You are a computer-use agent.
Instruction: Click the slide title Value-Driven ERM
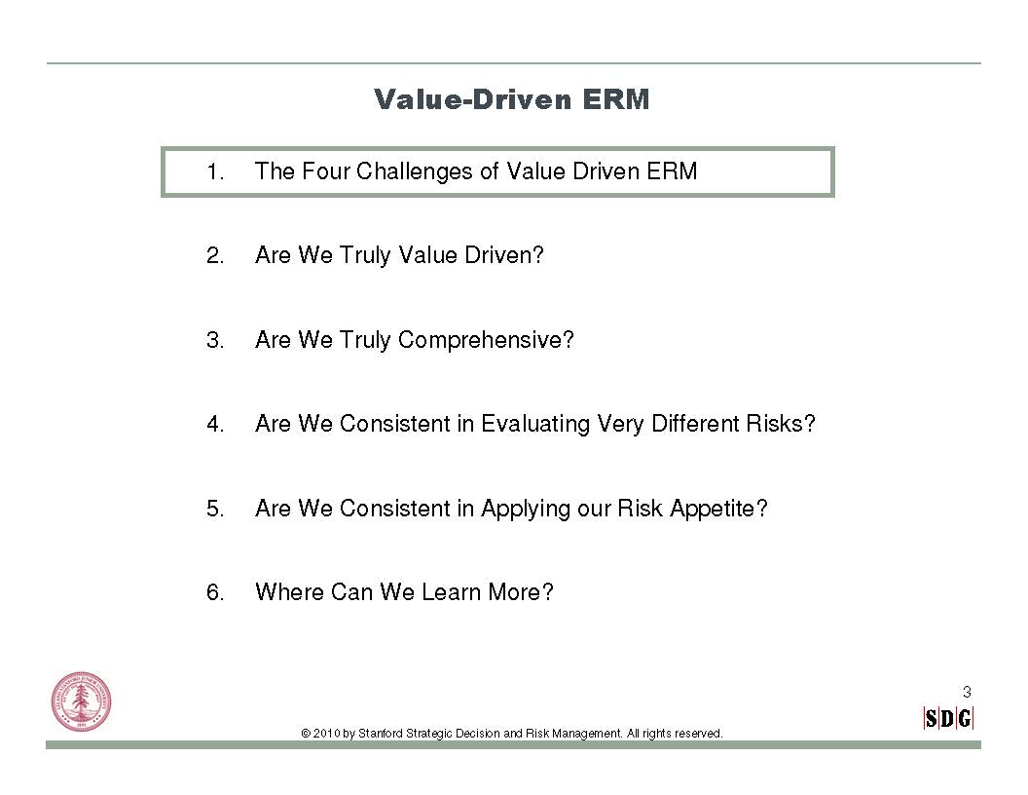point(511,99)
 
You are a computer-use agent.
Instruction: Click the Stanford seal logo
point(82,701)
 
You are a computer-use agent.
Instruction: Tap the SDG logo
point(948,719)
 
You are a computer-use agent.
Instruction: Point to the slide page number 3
point(967,692)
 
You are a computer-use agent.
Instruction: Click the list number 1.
point(215,171)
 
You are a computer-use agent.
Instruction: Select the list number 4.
point(215,424)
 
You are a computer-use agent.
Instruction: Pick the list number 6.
point(215,592)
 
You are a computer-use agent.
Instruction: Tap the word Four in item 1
point(326,171)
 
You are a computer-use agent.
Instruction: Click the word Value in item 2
point(428,254)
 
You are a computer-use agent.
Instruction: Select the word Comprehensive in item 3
point(486,340)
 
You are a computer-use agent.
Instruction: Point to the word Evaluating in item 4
point(535,424)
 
